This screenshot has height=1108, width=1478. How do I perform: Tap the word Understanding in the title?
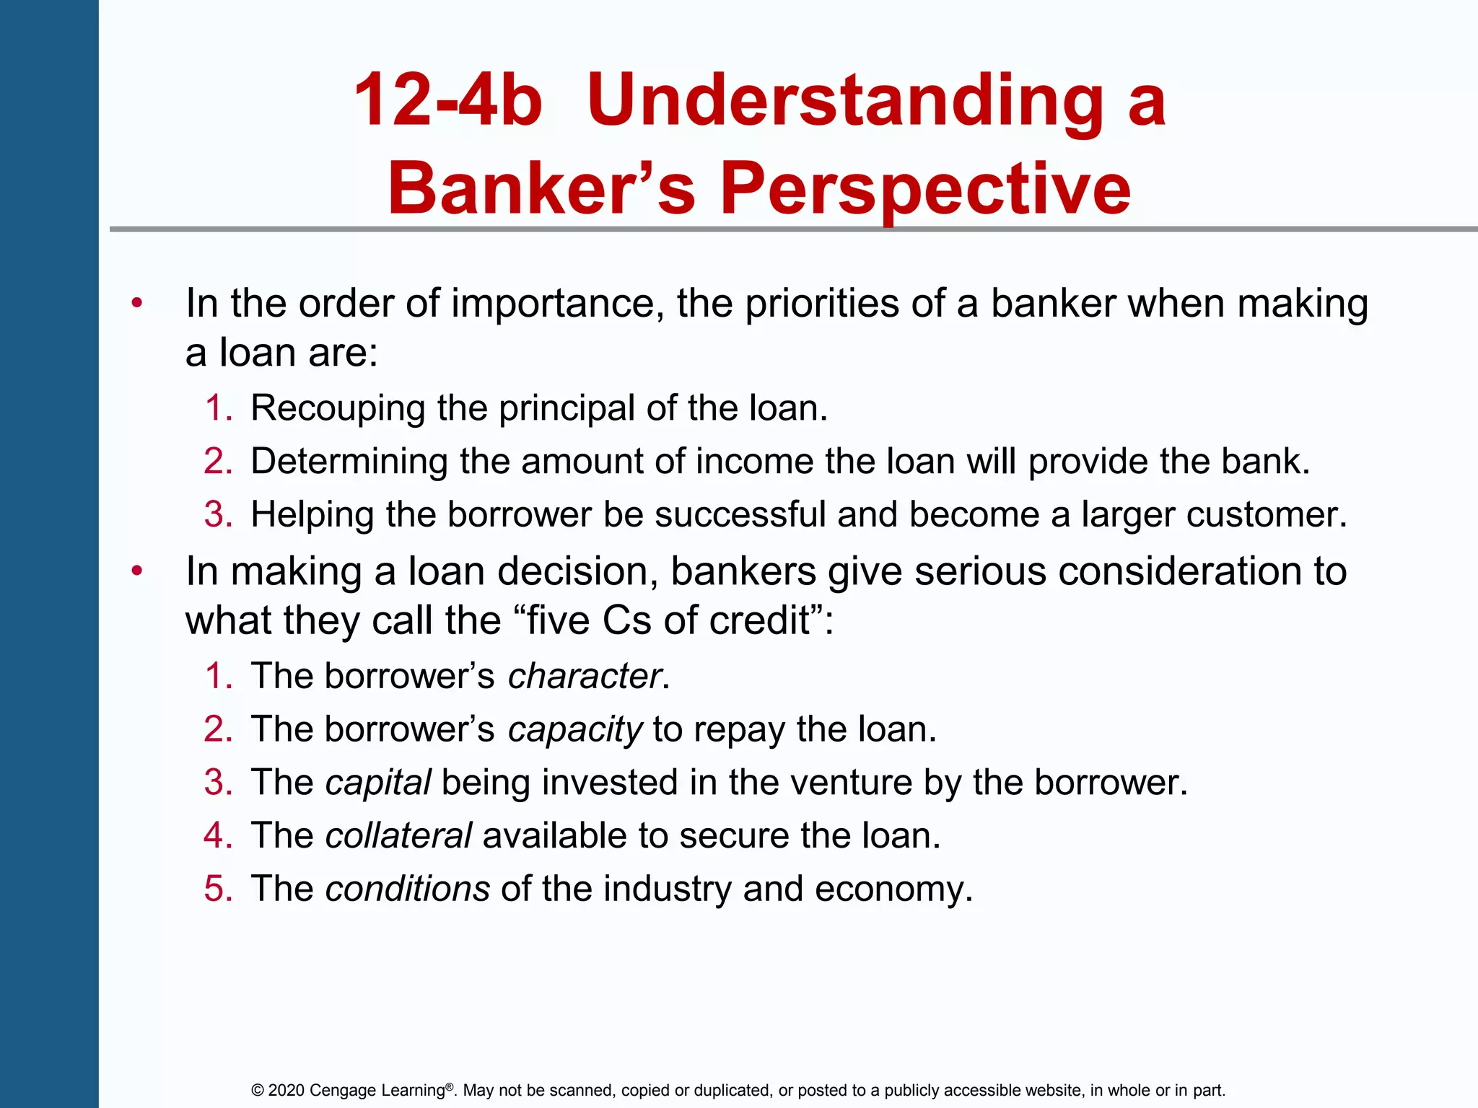[x=844, y=101]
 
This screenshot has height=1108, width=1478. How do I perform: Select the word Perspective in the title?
[x=925, y=189]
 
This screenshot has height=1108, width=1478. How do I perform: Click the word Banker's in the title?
[x=541, y=189]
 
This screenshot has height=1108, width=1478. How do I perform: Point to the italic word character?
[x=585, y=677]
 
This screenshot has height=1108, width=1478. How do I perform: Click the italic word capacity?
[x=574, y=730]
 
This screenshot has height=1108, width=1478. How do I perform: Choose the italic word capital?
[x=378, y=783]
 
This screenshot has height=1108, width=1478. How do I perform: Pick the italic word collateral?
[x=398, y=836]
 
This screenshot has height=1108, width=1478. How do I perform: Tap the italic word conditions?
[x=408, y=889]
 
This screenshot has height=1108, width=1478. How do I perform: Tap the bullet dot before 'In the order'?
[x=137, y=303]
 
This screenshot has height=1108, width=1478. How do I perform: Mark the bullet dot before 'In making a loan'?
[x=137, y=571]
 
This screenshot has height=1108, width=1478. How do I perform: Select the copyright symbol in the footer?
[x=258, y=1090]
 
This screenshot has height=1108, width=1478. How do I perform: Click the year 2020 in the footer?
[x=287, y=1090]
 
